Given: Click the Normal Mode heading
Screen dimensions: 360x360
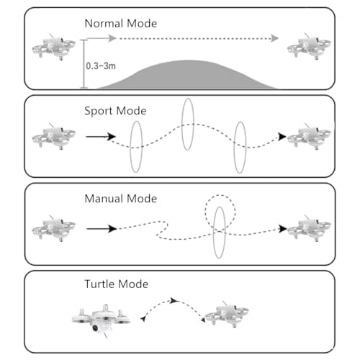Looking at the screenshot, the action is tap(121, 24).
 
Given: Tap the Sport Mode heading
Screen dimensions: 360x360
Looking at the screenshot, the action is tap(115, 111).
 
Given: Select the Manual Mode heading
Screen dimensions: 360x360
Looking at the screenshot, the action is tap(121, 199).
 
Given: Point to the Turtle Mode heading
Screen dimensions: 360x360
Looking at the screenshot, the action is tap(117, 284).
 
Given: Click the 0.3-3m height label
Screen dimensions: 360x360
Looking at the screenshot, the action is tap(101, 66).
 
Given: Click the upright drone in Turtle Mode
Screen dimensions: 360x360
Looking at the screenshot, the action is tap(228, 314).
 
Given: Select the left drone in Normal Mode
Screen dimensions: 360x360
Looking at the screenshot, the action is tap(54, 47).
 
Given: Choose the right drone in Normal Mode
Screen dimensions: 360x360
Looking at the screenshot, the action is tap(309, 47).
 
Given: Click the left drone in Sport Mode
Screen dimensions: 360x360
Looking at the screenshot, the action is tap(54, 136).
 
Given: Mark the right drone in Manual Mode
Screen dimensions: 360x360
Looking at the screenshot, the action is tap(309, 228).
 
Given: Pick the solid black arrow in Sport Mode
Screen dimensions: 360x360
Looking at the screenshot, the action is tap(101, 137).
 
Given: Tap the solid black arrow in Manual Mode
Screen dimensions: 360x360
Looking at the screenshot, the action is tap(102, 229).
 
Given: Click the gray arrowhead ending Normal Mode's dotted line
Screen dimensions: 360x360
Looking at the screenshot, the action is tap(274, 38).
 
